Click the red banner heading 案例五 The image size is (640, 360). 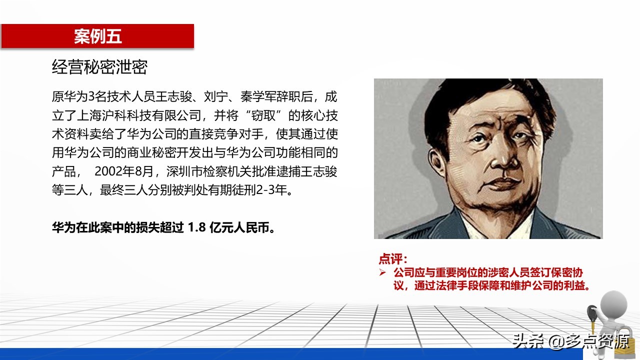click(98, 36)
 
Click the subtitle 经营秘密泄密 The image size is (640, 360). click(99, 67)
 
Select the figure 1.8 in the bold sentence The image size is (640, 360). click(197, 227)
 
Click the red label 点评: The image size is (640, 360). click(393, 259)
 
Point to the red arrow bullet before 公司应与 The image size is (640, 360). click(382, 272)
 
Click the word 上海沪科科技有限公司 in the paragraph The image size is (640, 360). click(139, 115)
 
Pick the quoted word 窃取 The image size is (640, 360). click(263, 115)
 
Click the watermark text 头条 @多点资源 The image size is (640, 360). click(571, 341)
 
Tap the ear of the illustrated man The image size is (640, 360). click(436, 163)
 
